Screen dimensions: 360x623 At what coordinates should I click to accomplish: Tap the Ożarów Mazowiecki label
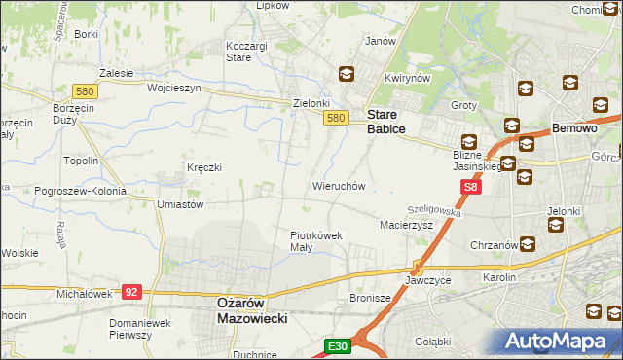pos(248,310)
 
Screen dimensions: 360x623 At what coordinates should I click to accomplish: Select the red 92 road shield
pos(132,290)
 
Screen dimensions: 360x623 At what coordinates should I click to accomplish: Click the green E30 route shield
pos(337,345)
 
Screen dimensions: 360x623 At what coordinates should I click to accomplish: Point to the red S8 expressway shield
pos(471,187)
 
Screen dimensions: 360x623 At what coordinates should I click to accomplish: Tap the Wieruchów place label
pos(338,185)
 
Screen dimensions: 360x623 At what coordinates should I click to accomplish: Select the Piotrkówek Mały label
pos(314,240)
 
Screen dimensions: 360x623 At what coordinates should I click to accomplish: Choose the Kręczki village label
pos(204,167)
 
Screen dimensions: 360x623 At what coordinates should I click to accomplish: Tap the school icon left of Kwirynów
pos(346,74)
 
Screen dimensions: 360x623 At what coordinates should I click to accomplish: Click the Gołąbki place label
pos(431,342)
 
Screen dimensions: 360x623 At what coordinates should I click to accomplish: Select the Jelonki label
pos(564,210)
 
